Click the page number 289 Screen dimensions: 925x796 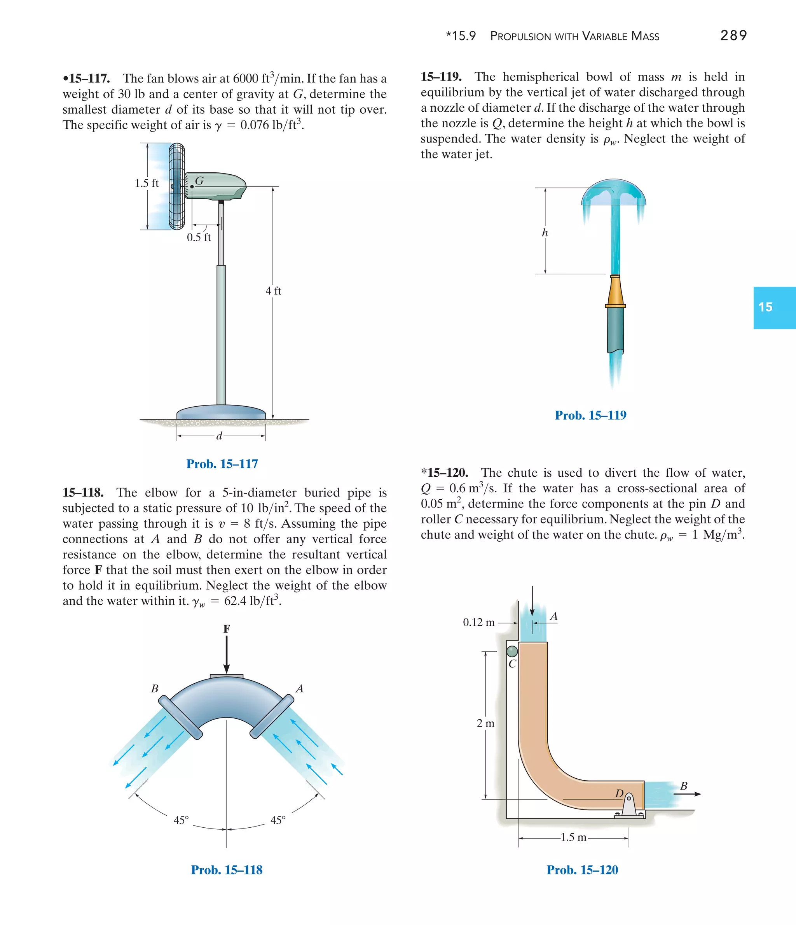[x=733, y=35]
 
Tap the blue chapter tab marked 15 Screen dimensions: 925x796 [x=774, y=307]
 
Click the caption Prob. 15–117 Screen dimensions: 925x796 [x=222, y=464]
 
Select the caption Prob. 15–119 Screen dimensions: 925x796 [x=590, y=415]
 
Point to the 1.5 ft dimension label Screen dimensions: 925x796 [x=146, y=183]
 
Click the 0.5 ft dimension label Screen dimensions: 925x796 [x=199, y=237]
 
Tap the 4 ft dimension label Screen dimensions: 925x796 [x=273, y=291]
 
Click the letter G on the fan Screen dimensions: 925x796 [x=199, y=181]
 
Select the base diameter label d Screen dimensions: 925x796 [x=219, y=436]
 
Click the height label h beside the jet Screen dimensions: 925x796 [x=545, y=233]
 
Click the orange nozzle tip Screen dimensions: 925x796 [x=615, y=290]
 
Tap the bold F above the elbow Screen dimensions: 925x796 [x=227, y=629]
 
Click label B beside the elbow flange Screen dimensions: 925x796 [x=155, y=689]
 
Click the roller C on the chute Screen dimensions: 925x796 [x=512, y=651]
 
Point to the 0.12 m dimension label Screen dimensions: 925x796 [x=478, y=622]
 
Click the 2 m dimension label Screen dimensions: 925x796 [x=485, y=723]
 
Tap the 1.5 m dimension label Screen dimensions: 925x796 [x=573, y=837]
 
